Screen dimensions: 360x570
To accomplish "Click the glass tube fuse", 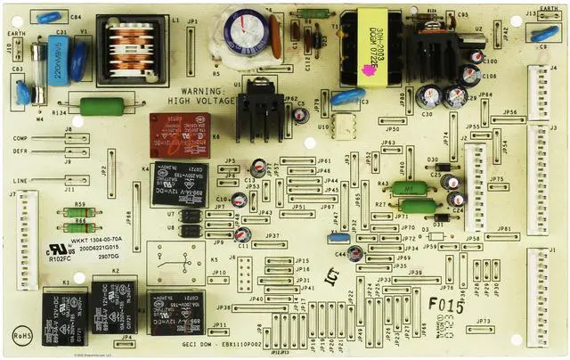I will [x=37, y=68].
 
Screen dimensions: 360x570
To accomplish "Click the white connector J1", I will [x=540, y=285].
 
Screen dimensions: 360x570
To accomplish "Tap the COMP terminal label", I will [x=20, y=139].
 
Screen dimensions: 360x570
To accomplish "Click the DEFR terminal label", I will [x=20, y=151].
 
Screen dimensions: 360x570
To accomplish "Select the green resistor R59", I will [x=80, y=213].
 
